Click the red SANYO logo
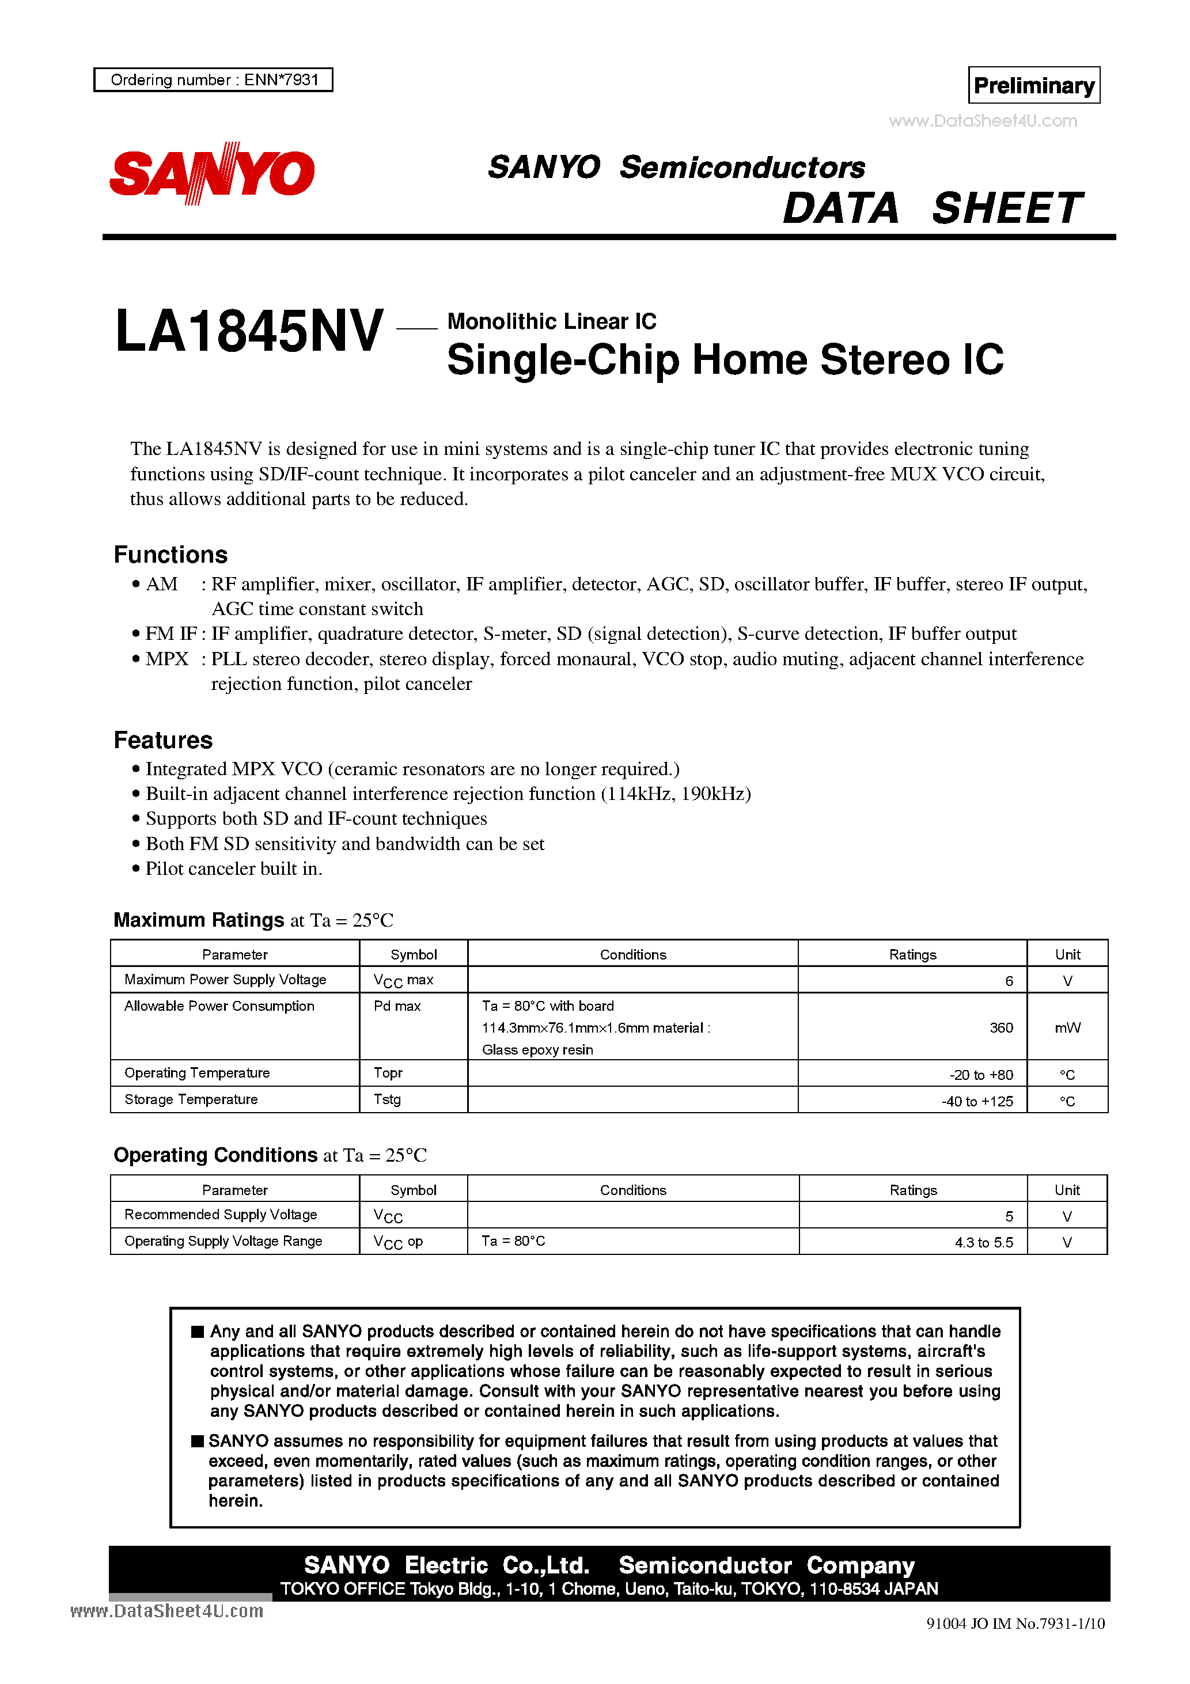(x=212, y=173)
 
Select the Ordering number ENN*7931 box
(x=214, y=80)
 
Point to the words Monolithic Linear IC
(x=551, y=321)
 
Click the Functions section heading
(x=170, y=555)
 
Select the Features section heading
(x=163, y=740)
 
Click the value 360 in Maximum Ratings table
(x=1000, y=1027)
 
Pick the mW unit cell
(x=1067, y=1027)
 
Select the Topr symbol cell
(x=388, y=1073)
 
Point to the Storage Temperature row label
(x=191, y=1099)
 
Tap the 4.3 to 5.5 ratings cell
(x=983, y=1242)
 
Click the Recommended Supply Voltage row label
(x=220, y=1215)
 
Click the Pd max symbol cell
(x=397, y=1006)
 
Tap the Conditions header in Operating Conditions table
(x=632, y=1190)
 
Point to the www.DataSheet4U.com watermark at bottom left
(x=166, y=1611)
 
